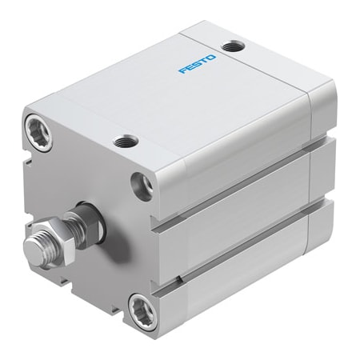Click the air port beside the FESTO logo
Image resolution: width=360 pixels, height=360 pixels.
(234, 47)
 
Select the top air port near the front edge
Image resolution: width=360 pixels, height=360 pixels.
(124, 142)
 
